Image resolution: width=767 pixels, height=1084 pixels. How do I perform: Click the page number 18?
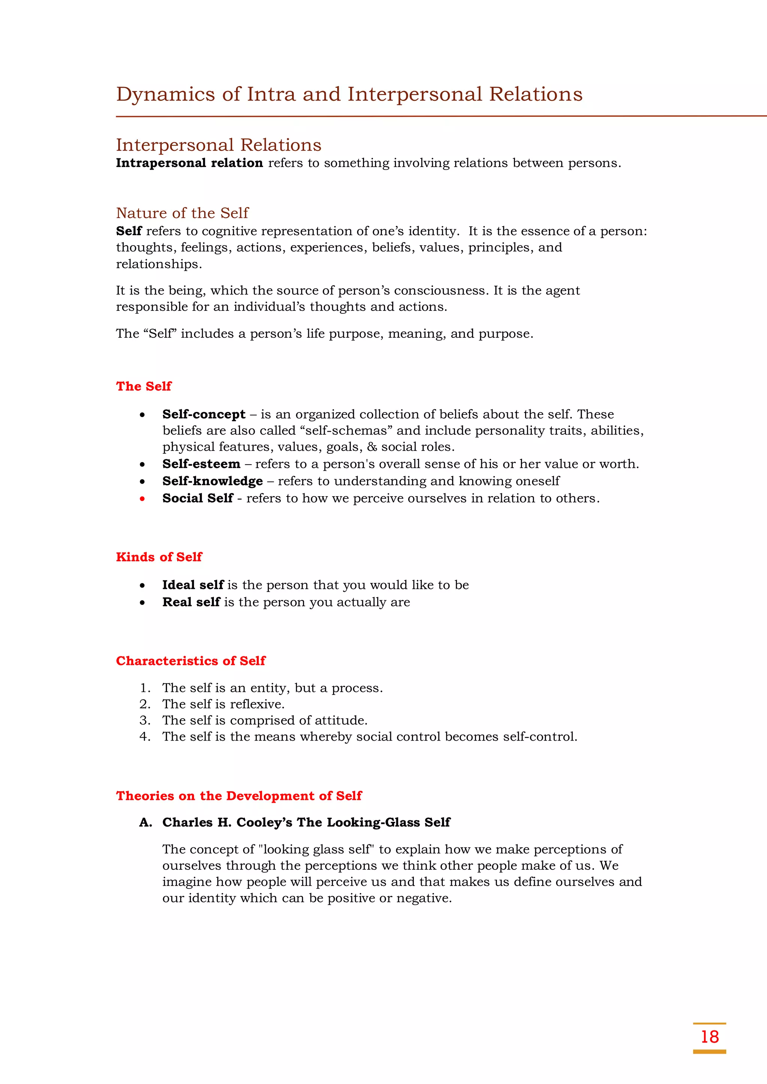click(709, 1037)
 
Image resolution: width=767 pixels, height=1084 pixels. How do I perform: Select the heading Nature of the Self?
click(182, 213)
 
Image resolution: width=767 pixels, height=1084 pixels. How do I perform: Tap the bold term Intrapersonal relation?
click(189, 163)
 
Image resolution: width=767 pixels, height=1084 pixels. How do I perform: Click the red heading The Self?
click(143, 386)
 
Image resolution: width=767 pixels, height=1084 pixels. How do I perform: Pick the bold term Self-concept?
click(204, 414)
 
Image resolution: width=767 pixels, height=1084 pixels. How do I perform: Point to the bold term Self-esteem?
click(201, 464)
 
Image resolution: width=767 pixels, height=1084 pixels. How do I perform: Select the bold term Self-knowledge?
click(212, 481)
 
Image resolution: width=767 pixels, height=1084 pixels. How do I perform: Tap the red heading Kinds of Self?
click(159, 557)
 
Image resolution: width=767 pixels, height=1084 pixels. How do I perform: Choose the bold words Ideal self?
click(193, 585)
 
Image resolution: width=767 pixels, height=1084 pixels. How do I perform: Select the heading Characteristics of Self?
click(190, 661)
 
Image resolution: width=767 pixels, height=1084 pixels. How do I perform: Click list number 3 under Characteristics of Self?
click(145, 720)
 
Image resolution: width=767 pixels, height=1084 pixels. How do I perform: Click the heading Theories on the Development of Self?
click(239, 796)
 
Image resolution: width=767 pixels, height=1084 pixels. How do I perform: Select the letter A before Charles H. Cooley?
click(145, 822)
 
